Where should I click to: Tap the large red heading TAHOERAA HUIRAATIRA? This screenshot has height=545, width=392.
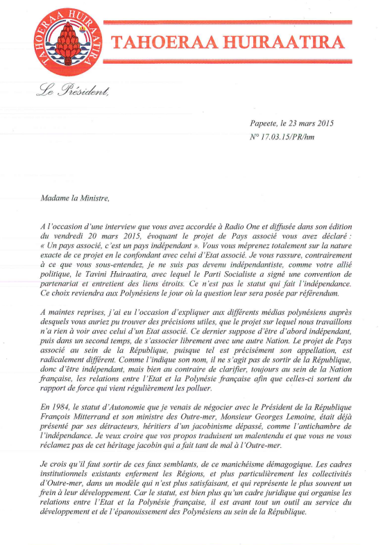pos(227,43)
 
